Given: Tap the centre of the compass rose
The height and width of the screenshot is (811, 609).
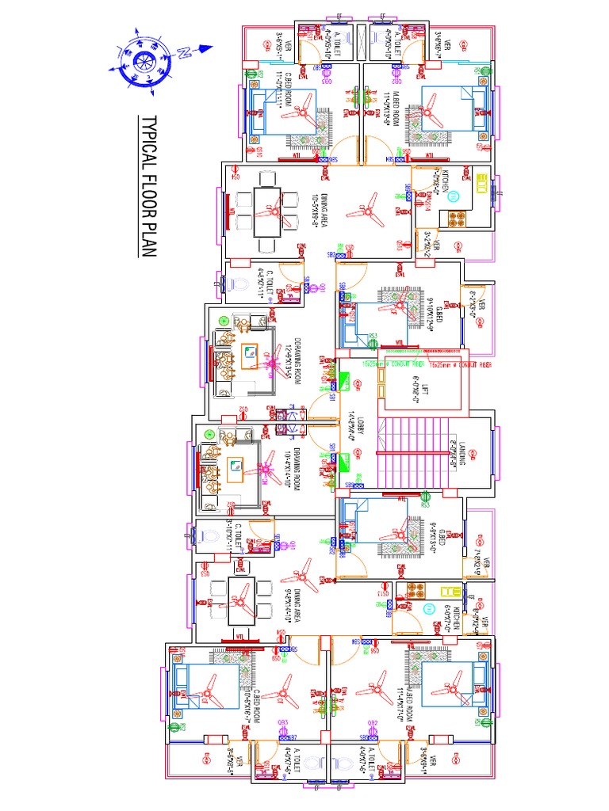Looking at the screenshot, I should (x=144, y=61).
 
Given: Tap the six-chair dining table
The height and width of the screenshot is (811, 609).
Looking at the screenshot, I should (x=265, y=211).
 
